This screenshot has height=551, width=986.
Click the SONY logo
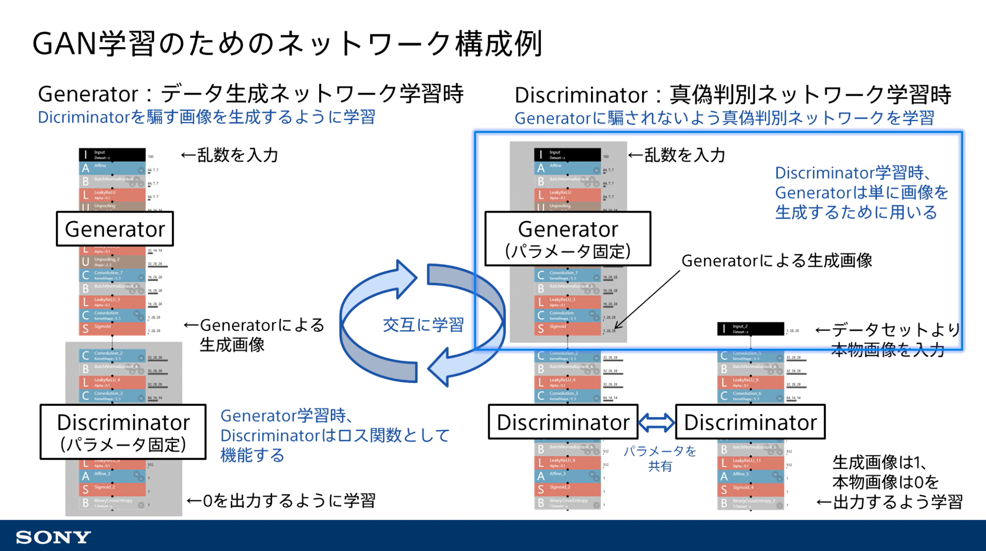(x=53, y=537)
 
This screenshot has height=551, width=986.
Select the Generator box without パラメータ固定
(x=115, y=229)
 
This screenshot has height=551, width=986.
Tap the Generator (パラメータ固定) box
(x=568, y=238)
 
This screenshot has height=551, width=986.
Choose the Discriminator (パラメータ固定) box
(x=123, y=432)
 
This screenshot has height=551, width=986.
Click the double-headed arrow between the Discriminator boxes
(x=656, y=422)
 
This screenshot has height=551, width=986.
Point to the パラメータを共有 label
(x=660, y=458)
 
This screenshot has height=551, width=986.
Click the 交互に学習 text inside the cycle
(x=423, y=325)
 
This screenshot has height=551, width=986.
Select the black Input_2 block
(x=750, y=329)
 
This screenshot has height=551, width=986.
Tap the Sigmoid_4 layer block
(x=750, y=489)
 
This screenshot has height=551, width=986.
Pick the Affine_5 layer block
(x=750, y=476)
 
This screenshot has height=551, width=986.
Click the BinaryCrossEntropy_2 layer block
(x=750, y=503)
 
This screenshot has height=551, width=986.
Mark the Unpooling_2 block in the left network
(x=112, y=262)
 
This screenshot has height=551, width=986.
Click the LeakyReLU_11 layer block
(x=750, y=462)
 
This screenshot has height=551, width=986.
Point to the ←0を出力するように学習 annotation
(x=281, y=501)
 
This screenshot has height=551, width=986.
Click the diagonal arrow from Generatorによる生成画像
(x=647, y=300)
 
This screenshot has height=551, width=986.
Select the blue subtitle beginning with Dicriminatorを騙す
(x=206, y=117)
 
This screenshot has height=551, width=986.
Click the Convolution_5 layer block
(x=750, y=356)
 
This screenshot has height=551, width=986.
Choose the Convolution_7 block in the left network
(x=112, y=275)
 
